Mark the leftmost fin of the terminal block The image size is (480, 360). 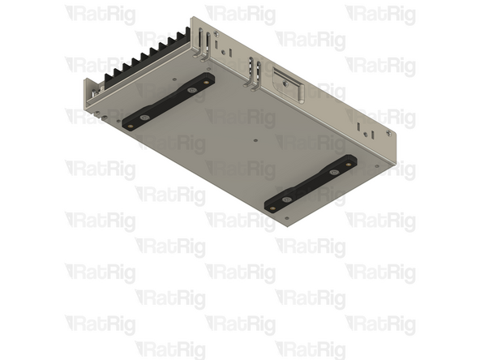coord(110,77)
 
